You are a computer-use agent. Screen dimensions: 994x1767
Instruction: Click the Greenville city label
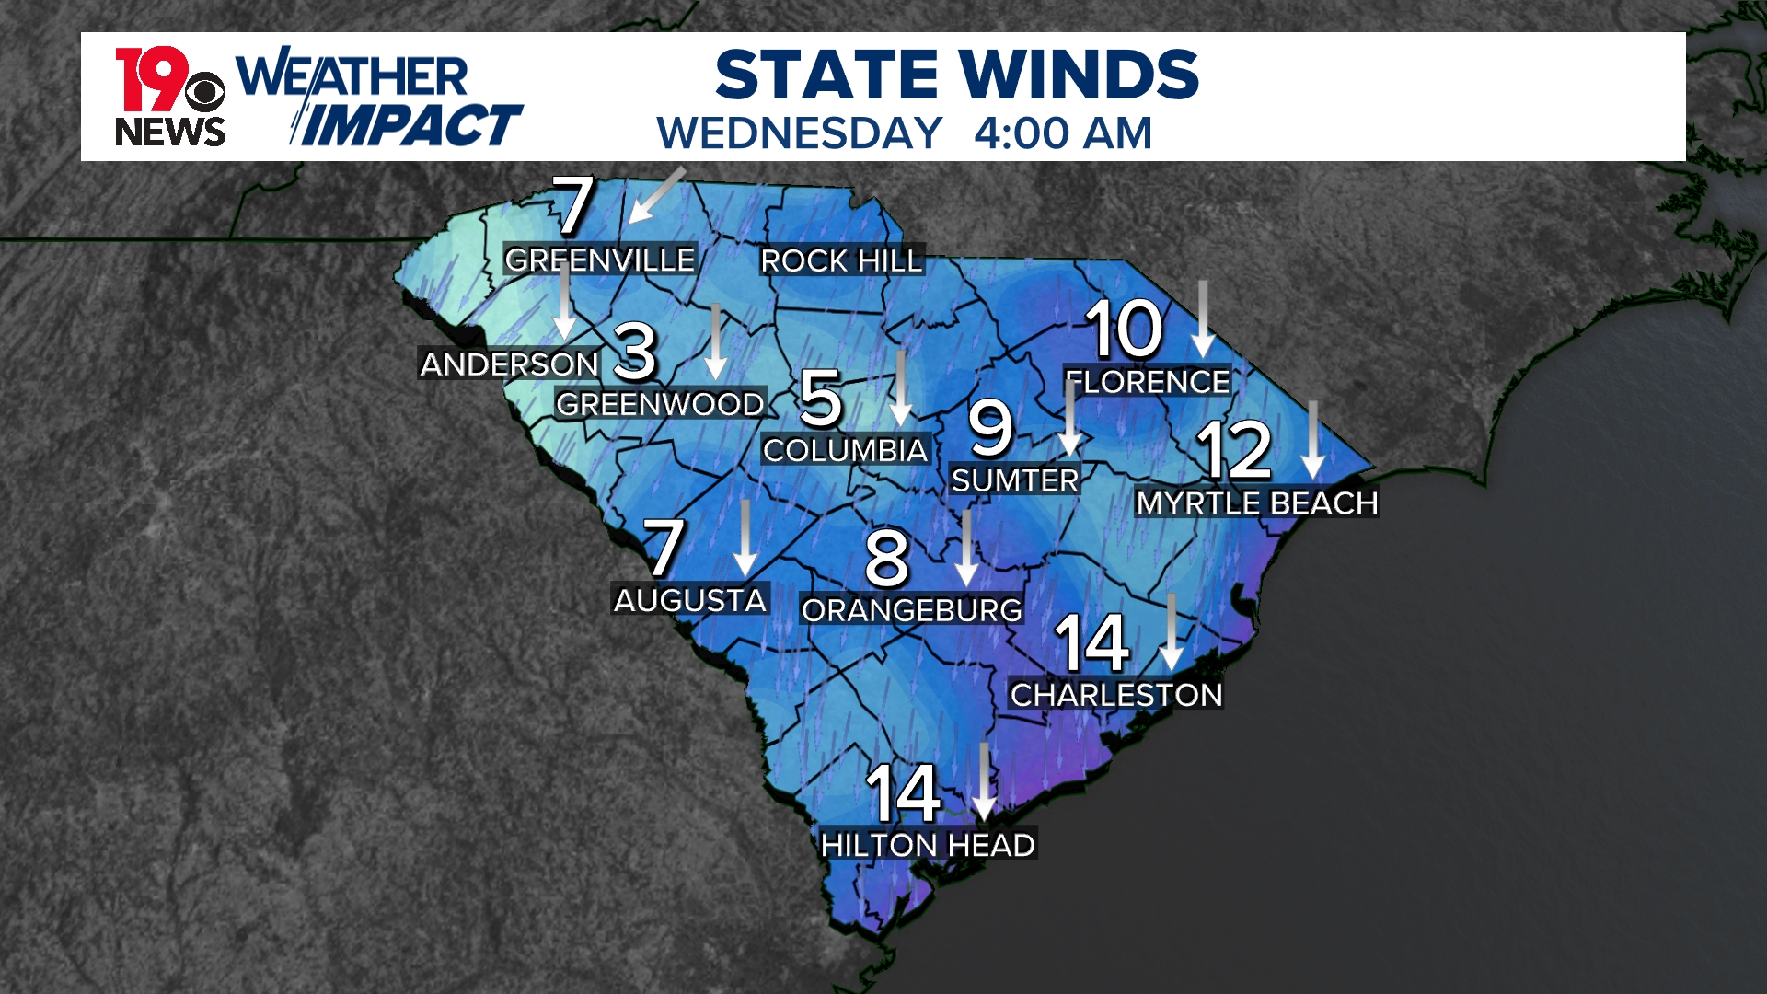click(x=600, y=260)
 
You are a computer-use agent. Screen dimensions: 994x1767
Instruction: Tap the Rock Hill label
click(x=840, y=261)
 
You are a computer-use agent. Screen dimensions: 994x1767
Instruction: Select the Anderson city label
click(x=509, y=364)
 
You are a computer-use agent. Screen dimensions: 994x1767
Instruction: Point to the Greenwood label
click(x=660, y=404)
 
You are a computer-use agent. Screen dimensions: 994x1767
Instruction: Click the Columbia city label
click(x=845, y=451)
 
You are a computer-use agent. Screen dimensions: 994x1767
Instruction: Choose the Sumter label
click(x=1014, y=480)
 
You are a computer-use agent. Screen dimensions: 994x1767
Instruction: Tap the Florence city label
click(x=1148, y=382)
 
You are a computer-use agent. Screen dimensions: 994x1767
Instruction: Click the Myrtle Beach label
click(x=1257, y=503)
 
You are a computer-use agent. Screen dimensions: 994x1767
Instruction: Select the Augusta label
click(x=690, y=601)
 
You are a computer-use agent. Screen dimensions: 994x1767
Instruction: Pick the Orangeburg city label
click(x=912, y=610)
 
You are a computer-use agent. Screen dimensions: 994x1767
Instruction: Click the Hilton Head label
click(x=928, y=845)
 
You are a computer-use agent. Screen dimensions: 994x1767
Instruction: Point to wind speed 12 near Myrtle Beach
click(x=1234, y=450)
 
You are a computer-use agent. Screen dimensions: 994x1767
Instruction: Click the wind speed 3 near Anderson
click(x=635, y=353)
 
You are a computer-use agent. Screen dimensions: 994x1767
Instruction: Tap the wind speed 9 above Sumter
click(x=990, y=428)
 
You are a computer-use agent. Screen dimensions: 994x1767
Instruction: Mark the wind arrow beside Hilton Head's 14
click(x=985, y=781)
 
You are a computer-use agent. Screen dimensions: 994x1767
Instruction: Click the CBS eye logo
click(x=204, y=93)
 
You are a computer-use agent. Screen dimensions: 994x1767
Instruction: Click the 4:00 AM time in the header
click(x=1063, y=133)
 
